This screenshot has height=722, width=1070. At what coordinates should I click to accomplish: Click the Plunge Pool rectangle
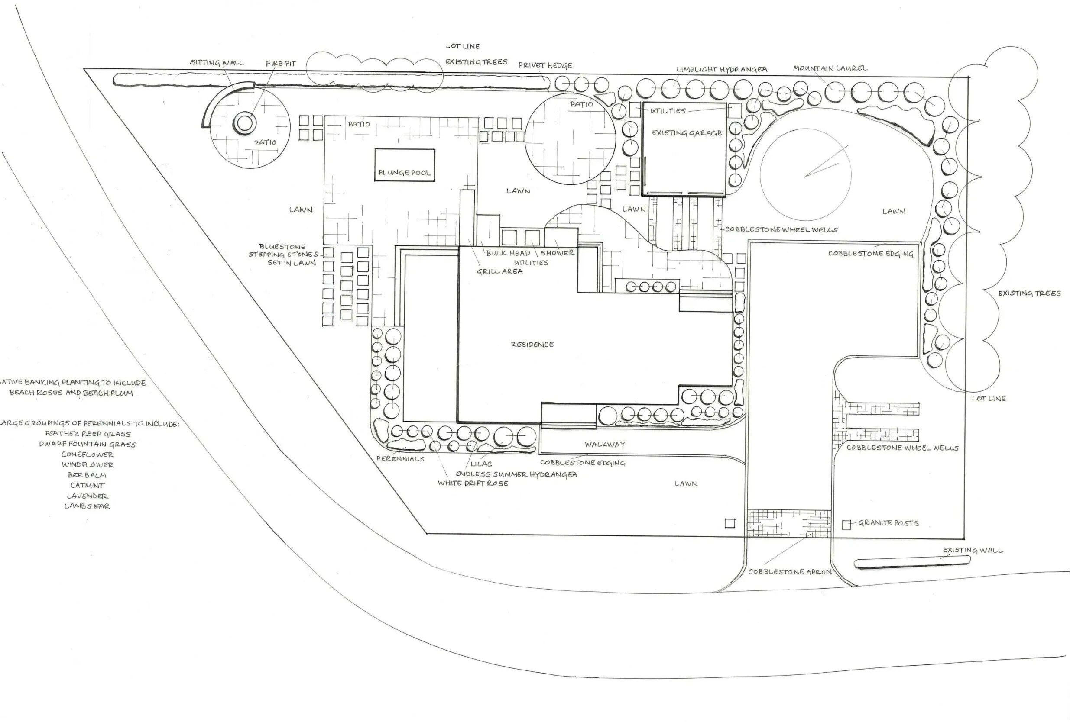(x=404, y=165)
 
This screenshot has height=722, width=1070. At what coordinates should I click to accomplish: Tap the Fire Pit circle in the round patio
(x=244, y=123)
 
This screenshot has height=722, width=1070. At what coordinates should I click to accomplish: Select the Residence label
(x=532, y=344)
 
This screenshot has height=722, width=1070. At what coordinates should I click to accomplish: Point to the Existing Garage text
(x=687, y=133)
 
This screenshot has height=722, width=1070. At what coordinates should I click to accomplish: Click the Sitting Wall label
(x=217, y=63)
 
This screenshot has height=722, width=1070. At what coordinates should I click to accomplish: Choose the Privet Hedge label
(x=545, y=65)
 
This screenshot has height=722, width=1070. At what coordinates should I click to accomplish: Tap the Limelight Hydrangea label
(x=721, y=70)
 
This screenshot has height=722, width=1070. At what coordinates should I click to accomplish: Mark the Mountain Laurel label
(x=830, y=68)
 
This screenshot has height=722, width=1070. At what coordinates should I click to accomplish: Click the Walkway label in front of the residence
(x=605, y=445)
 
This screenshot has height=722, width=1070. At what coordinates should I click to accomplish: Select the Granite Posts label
(x=888, y=523)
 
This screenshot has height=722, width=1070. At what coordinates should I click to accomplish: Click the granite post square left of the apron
(x=730, y=523)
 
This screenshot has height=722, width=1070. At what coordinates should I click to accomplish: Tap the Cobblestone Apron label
(x=790, y=572)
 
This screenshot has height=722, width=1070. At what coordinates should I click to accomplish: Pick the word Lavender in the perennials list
(x=87, y=496)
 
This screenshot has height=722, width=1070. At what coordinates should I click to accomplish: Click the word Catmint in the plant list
(x=87, y=486)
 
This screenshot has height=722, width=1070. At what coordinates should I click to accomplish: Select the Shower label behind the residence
(x=557, y=253)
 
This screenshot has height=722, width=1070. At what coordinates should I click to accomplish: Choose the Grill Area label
(x=499, y=271)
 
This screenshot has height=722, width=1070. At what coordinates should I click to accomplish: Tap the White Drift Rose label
(x=473, y=483)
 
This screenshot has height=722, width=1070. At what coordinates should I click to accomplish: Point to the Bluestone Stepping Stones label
(x=284, y=255)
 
